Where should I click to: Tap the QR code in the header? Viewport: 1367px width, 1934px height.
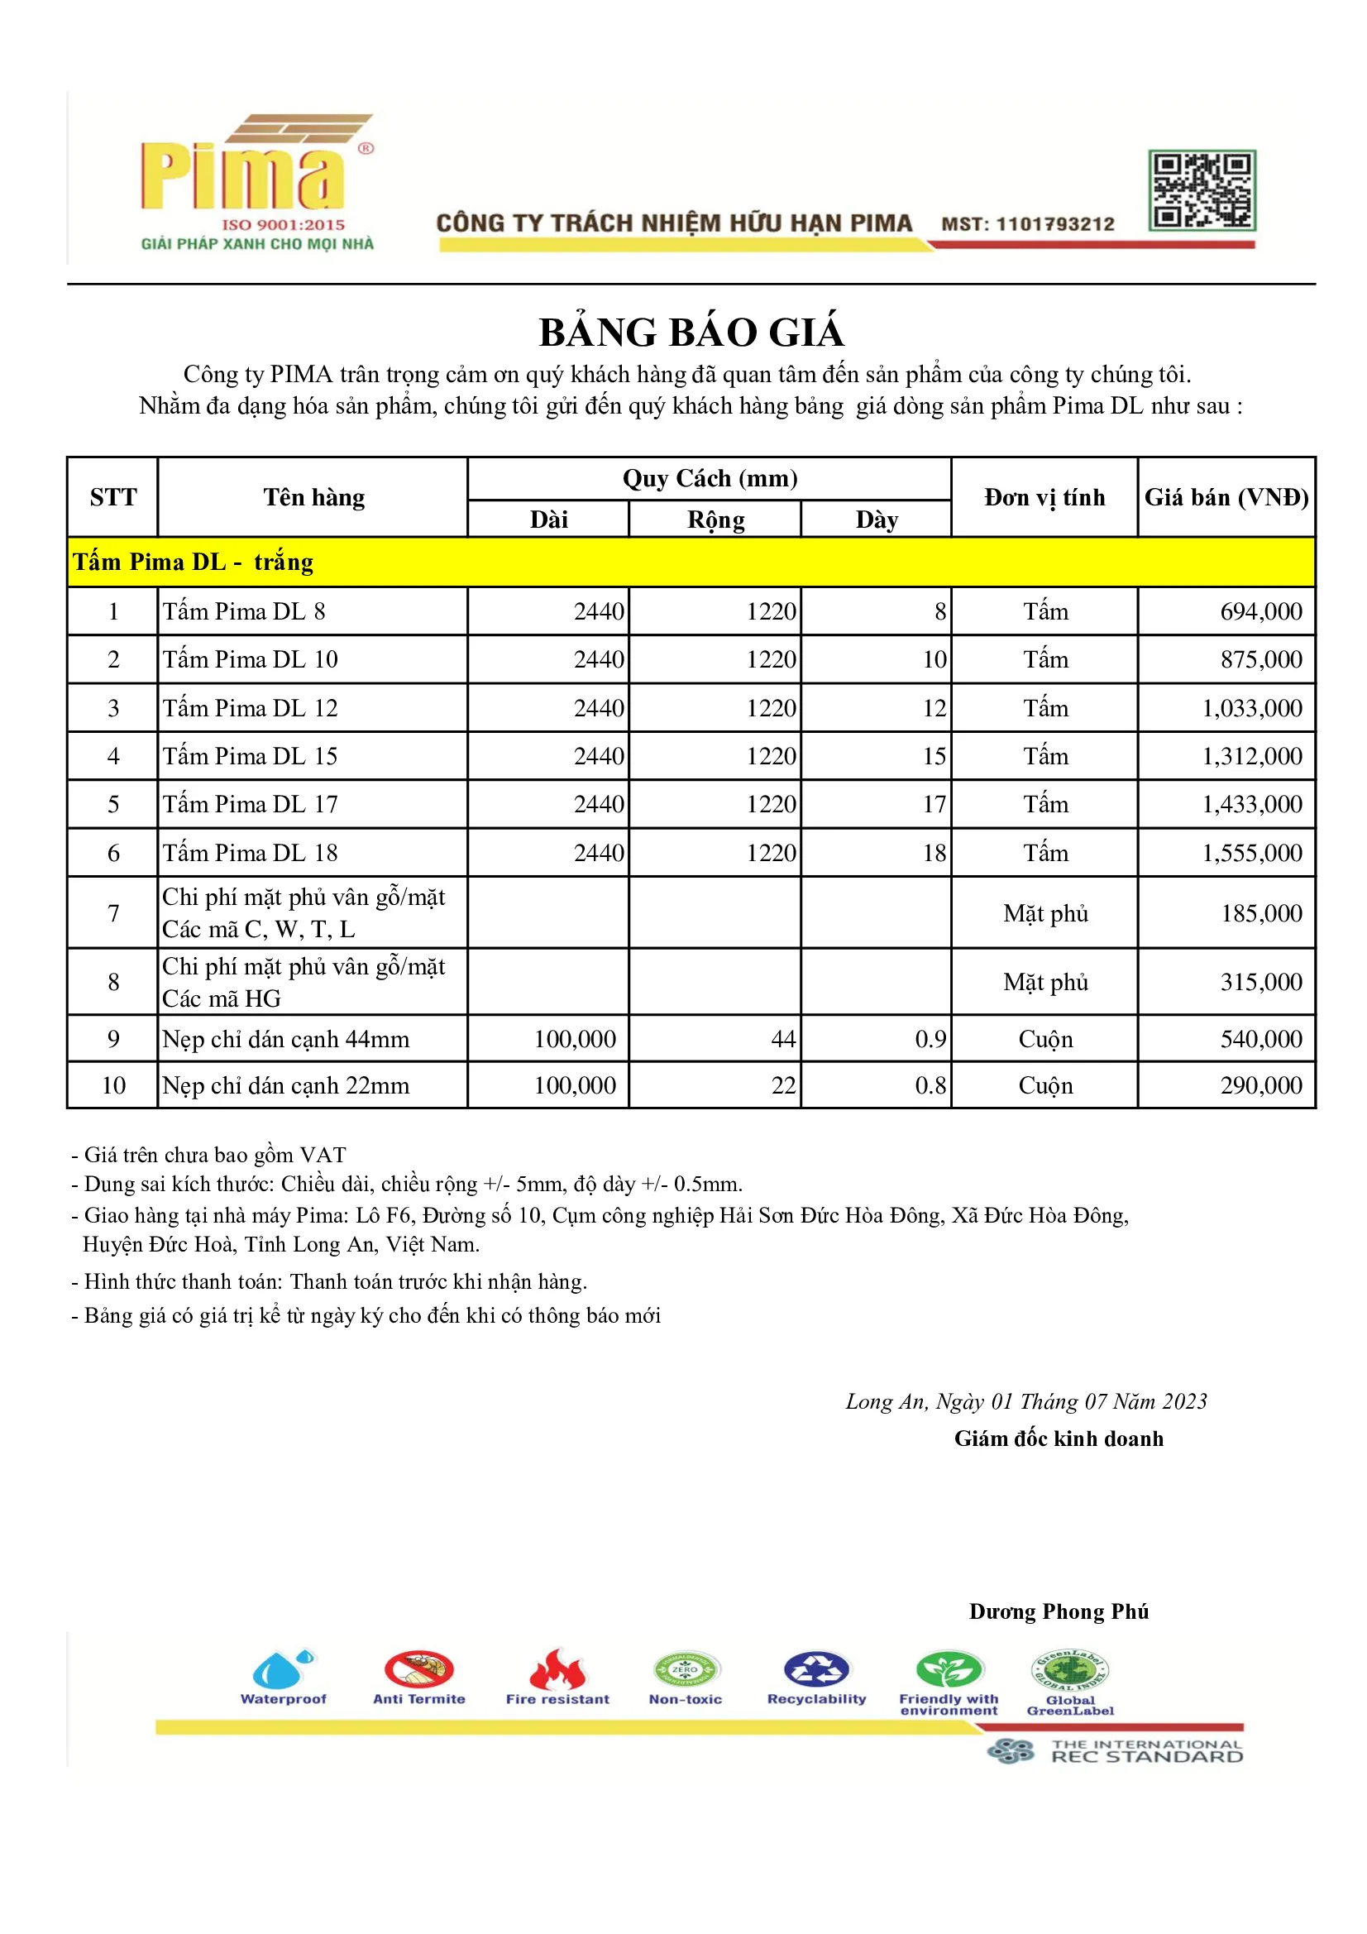coord(1201,190)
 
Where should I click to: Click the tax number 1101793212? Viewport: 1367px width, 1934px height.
coord(1054,224)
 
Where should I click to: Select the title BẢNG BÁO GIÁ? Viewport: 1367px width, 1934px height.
coord(691,332)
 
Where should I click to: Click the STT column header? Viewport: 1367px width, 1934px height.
coord(112,497)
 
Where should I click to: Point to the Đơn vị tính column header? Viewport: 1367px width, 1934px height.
coord(1044,497)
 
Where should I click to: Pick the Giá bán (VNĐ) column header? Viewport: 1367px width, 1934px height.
coord(1226,497)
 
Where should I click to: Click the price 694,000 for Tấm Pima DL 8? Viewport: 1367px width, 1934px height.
coord(1260,611)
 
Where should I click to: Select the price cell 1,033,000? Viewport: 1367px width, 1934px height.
coord(1251,707)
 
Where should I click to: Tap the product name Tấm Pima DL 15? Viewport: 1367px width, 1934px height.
coord(250,755)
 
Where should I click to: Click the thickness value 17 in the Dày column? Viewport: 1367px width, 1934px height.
coord(933,803)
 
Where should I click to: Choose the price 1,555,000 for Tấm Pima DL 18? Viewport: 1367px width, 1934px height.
coord(1251,853)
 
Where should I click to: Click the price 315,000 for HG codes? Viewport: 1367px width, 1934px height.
coord(1260,981)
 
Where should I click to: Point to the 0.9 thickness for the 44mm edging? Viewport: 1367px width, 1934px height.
coord(930,1039)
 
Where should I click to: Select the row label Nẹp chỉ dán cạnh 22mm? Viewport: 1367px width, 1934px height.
coord(285,1085)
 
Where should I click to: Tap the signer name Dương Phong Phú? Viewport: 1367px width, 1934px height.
coord(1058,1611)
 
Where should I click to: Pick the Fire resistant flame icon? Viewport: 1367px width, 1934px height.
coord(557,1668)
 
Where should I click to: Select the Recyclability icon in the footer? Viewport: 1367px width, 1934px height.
coord(815,1668)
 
